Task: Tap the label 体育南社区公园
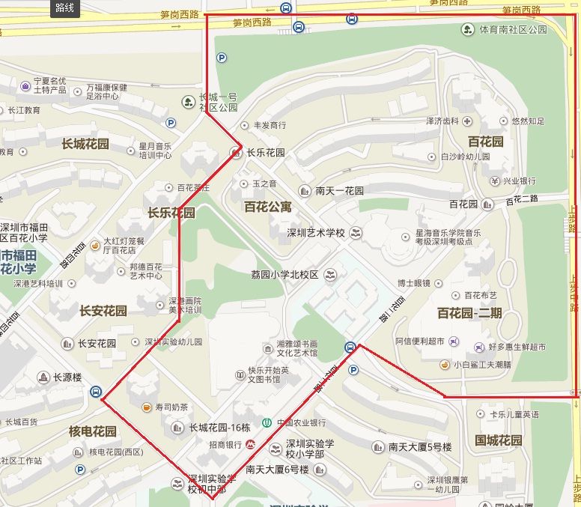coord(513,30)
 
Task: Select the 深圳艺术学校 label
coord(316,233)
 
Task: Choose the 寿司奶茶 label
coord(171,407)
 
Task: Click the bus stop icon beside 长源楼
coord(96,392)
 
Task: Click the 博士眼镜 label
coord(414,283)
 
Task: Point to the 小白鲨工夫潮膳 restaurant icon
coord(445,365)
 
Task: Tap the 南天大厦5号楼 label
coord(420,447)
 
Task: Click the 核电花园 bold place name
coord(93,431)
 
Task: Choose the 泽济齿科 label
coord(441,121)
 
